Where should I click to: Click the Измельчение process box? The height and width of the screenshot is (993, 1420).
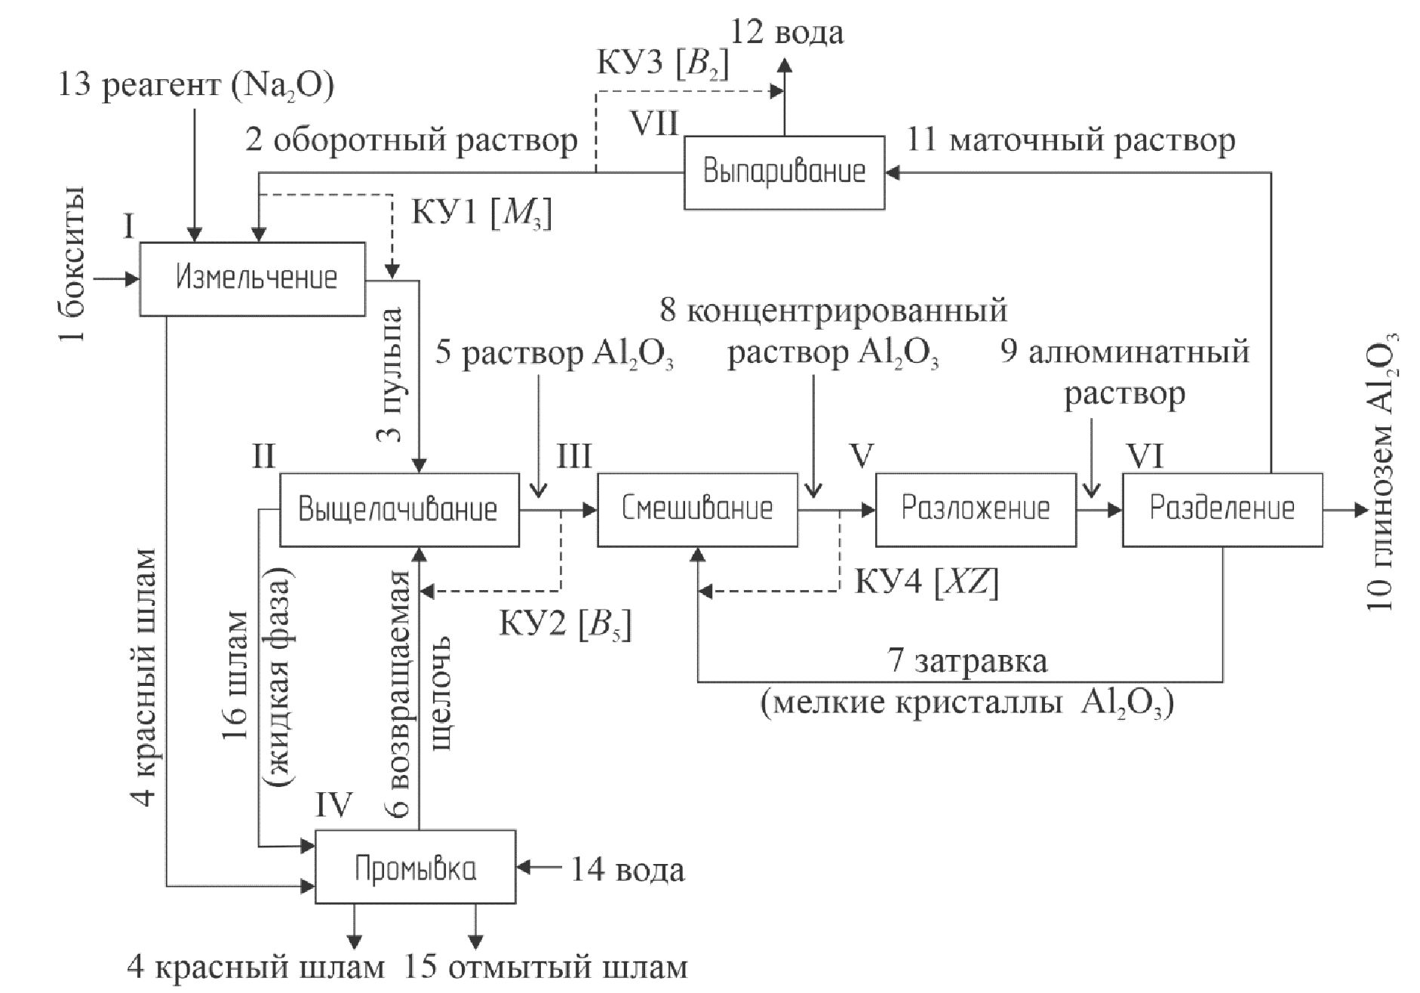[x=253, y=278]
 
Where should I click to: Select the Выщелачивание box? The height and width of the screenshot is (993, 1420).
[x=399, y=509]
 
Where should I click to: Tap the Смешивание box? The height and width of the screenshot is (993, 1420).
[x=697, y=509]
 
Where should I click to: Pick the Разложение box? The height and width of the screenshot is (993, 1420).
[x=976, y=509]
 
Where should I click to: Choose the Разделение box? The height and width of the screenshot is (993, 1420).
[x=1222, y=509]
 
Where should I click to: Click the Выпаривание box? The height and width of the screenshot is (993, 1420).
[x=784, y=172]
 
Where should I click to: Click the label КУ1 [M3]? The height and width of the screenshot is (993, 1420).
[x=481, y=214]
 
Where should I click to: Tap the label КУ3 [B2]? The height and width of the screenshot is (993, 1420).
[x=663, y=63]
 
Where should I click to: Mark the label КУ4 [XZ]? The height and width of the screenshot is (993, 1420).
[x=926, y=583]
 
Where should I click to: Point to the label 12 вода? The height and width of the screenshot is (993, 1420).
[x=786, y=33]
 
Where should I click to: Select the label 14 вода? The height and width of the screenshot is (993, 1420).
[x=626, y=869]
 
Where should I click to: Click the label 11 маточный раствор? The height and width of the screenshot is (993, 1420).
[x=1071, y=141]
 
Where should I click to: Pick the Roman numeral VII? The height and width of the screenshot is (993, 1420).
[x=654, y=123]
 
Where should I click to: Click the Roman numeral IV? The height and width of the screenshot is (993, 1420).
[x=333, y=805]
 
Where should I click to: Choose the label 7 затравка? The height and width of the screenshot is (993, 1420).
[x=969, y=661]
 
